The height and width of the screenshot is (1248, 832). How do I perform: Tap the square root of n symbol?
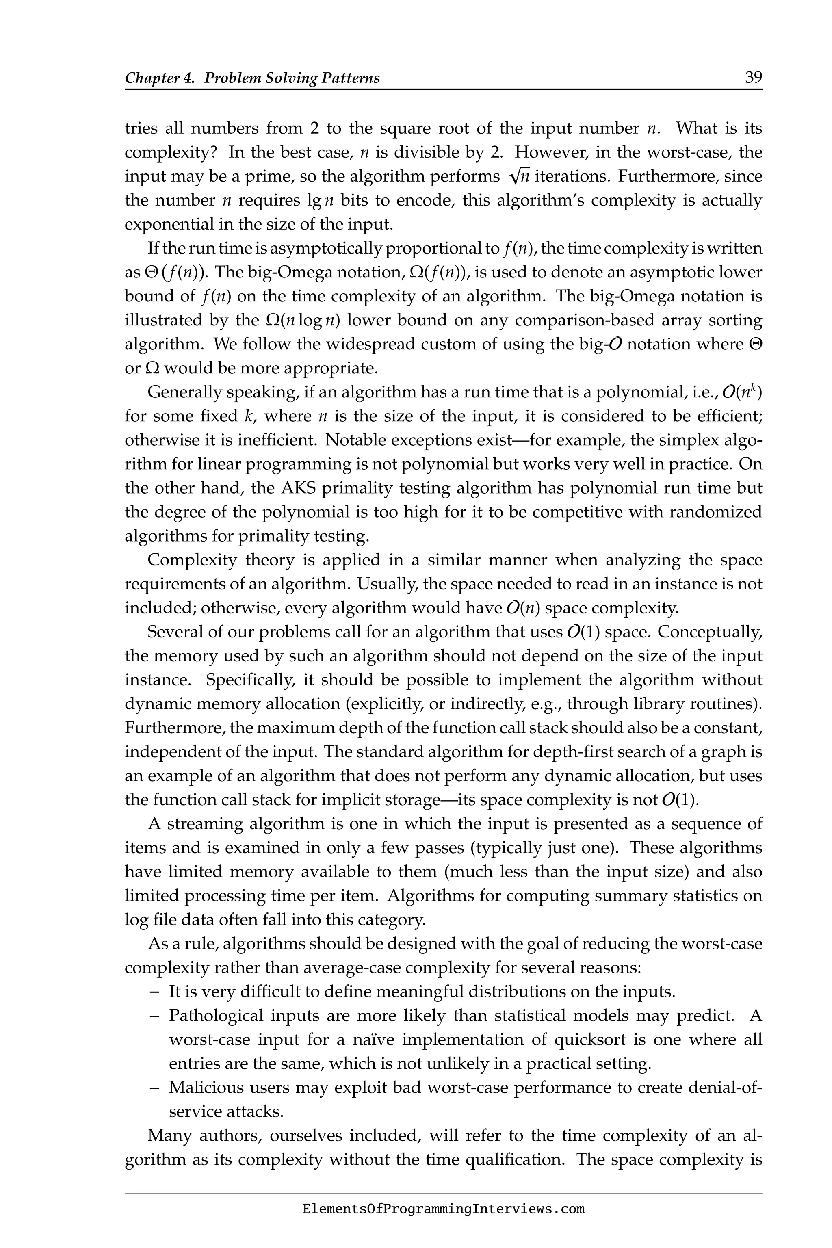pos(518,177)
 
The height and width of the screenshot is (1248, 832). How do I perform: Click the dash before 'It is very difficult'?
pos(154,991)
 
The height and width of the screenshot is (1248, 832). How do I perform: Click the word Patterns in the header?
pos(352,78)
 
